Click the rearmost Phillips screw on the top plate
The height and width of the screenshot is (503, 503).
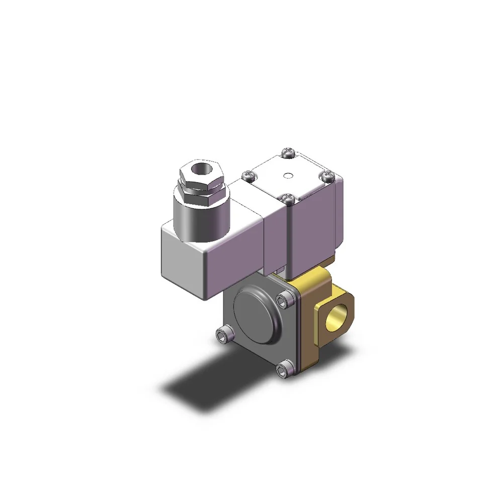pyautogui.click(x=289, y=150)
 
